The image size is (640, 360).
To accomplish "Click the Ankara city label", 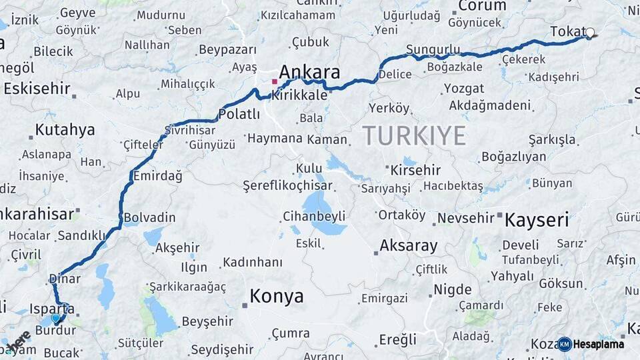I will click(x=309, y=72).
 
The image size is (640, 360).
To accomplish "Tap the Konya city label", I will click(x=277, y=296).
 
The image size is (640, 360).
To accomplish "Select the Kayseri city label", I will click(x=537, y=219).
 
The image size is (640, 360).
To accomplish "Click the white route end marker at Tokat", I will click(x=590, y=32).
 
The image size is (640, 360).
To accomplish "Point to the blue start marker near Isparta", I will click(x=56, y=319).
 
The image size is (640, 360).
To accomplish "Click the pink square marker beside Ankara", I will click(x=274, y=81).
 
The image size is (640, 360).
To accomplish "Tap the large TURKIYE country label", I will click(x=414, y=136).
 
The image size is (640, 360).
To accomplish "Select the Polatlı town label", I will click(x=239, y=114).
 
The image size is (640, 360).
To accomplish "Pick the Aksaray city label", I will click(x=409, y=245).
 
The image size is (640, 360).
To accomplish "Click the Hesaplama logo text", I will click(x=599, y=344).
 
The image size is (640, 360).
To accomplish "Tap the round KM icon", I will click(x=564, y=344).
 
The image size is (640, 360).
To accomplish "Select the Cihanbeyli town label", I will click(x=314, y=216).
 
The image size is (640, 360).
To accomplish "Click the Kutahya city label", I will click(x=65, y=130).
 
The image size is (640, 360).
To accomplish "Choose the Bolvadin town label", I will click(x=150, y=218).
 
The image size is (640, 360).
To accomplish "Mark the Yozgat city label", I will click(x=464, y=89).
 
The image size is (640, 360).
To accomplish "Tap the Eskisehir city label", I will click(x=37, y=89).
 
